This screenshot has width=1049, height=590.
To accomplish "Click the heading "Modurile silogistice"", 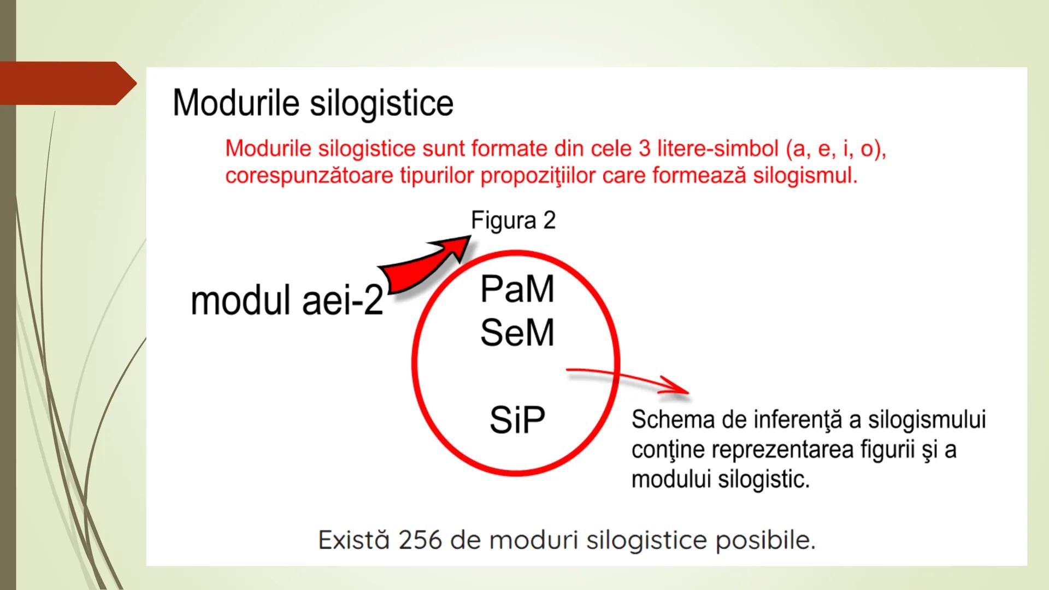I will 313,103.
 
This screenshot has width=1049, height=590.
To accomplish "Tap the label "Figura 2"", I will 513,221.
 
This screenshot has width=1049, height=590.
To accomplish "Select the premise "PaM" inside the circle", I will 517,289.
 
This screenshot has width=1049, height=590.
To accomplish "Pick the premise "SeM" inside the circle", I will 517,332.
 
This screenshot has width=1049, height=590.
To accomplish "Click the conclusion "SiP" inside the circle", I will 517,420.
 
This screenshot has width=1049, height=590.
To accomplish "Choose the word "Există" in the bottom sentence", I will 353,540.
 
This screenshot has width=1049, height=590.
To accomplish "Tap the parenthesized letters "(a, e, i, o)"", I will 836,149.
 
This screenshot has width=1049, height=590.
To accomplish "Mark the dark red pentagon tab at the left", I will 66,83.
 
